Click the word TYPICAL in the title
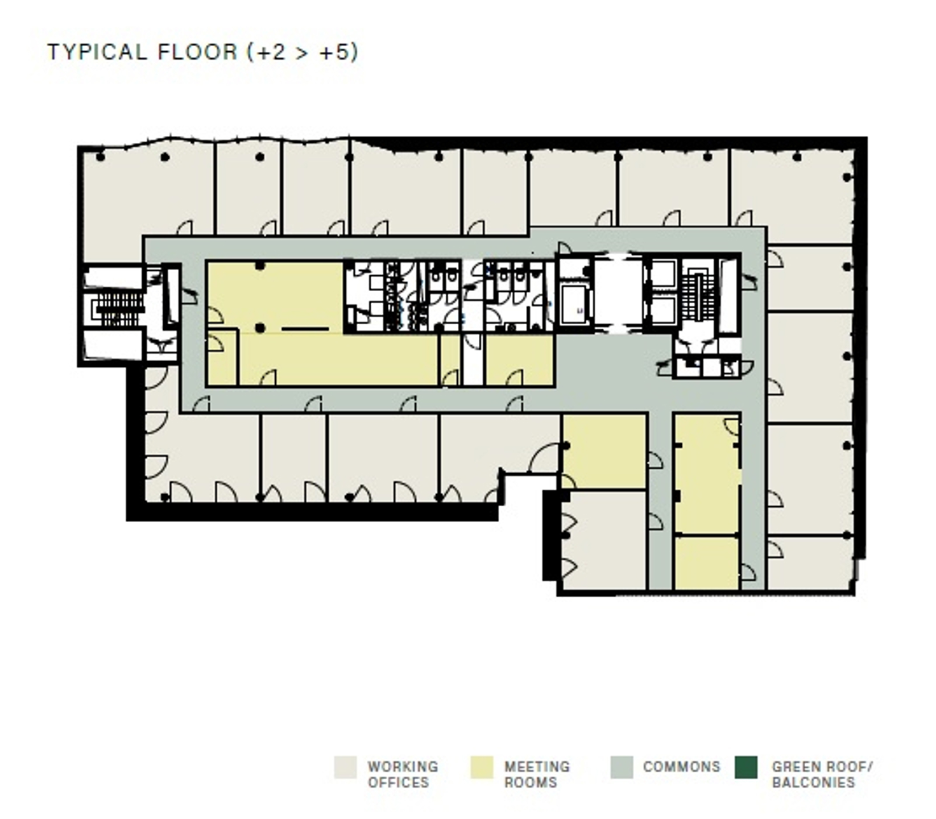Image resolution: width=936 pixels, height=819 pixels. click(x=97, y=52)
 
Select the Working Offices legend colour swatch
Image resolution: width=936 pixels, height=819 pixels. click(x=345, y=767)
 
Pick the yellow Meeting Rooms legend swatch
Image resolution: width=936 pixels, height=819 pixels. click(x=482, y=767)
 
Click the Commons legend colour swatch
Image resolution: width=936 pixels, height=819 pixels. click(x=621, y=767)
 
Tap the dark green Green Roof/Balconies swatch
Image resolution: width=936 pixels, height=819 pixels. click(x=746, y=767)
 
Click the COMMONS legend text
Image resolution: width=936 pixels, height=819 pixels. click(x=681, y=767)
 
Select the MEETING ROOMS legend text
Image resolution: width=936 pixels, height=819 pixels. click(x=536, y=774)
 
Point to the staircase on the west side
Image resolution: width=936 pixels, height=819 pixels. click(x=118, y=309)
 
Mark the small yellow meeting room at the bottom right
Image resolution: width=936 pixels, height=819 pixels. click(x=706, y=563)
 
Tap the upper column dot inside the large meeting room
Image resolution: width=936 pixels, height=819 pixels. click(x=260, y=266)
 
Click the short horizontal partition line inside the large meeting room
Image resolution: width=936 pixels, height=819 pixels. click(x=305, y=329)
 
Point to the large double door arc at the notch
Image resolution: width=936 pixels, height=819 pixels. click(x=544, y=458)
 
